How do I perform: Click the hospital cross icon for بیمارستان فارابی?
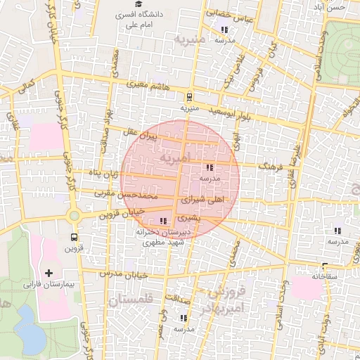coord(49,272)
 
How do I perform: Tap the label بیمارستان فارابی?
coord(49,285)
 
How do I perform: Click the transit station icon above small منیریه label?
coord(188,98)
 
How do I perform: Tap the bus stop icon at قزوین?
coord(73,238)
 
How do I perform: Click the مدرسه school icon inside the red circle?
coord(210,168)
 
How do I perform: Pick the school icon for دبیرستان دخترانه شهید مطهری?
coord(164,221)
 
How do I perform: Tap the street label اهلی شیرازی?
coord(202,200)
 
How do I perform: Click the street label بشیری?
coord(190,218)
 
